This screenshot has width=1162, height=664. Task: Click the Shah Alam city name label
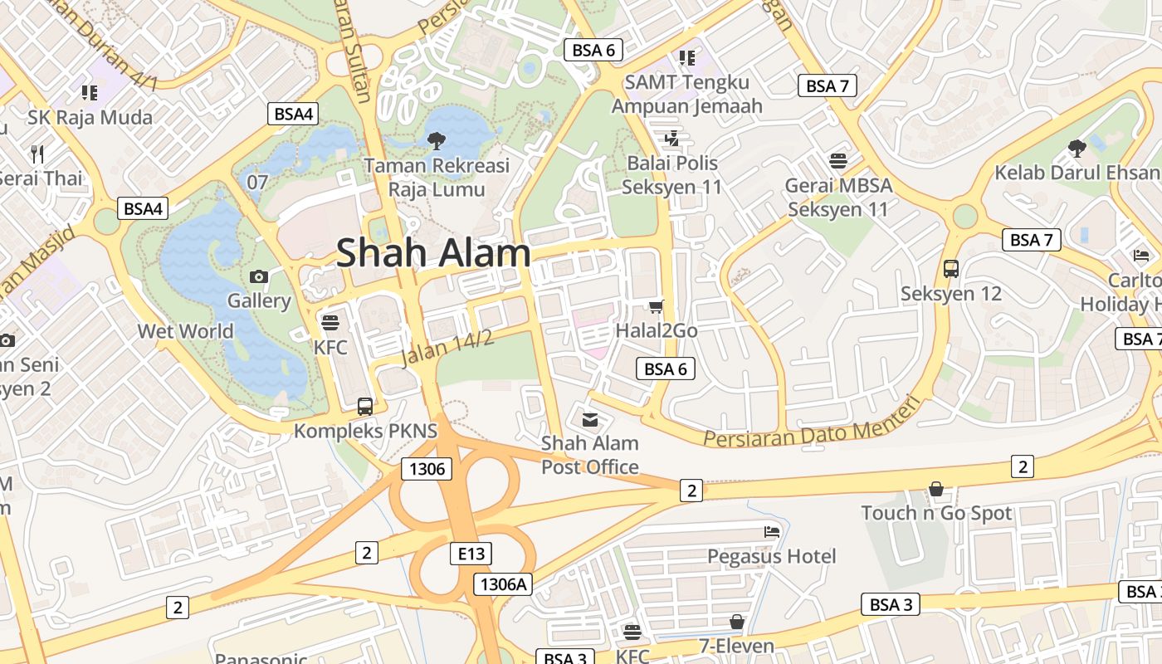tap(433, 252)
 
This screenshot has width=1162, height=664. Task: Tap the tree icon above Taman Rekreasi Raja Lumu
tap(436, 141)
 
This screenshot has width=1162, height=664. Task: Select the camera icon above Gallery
tap(258, 276)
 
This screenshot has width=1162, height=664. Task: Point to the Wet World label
tap(186, 331)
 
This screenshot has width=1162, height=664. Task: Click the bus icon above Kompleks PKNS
tap(365, 407)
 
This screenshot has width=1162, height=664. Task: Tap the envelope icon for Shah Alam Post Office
tap(590, 419)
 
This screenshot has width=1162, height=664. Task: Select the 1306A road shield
tap(503, 584)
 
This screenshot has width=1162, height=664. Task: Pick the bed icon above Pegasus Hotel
tap(772, 531)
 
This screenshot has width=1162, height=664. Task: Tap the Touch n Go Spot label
tap(936, 513)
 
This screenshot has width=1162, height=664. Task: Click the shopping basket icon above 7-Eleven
tap(736, 622)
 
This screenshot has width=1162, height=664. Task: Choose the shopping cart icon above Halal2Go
tap(657, 307)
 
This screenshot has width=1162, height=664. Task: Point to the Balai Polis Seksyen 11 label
tap(672, 174)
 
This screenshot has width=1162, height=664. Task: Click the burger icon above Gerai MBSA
tap(838, 160)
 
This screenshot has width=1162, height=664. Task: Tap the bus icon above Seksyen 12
tap(951, 269)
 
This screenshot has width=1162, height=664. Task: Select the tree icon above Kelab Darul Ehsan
tap(1077, 149)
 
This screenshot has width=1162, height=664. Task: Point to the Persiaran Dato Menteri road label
tap(812, 425)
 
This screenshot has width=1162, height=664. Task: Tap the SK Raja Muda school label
tap(90, 117)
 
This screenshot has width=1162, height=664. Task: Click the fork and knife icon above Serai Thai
tap(37, 154)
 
